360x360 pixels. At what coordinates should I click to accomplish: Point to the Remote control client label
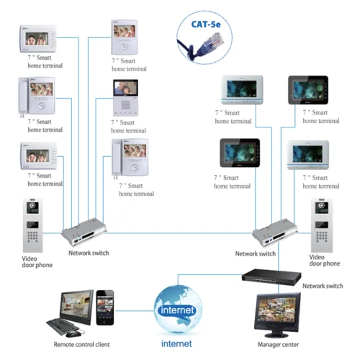click(82, 345)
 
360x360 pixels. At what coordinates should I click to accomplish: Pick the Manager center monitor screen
click(274, 312)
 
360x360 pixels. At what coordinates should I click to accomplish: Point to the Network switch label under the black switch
click(322, 286)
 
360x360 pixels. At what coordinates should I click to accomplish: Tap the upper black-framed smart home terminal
click(307, 91)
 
